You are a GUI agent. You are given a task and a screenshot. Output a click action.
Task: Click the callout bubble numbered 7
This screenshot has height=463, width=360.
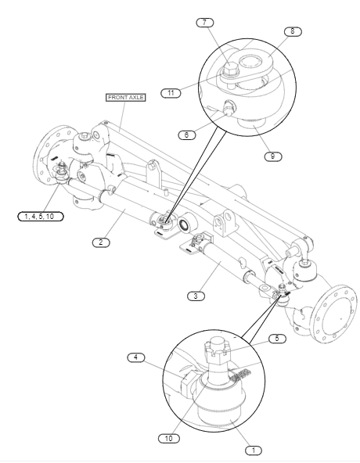point(205,23)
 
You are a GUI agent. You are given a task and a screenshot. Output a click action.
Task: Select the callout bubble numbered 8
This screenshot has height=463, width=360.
point(293,31)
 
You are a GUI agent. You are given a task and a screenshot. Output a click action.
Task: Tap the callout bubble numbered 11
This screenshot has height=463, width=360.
point(171,93)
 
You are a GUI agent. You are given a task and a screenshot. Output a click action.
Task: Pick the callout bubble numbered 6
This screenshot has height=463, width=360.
point(187,135)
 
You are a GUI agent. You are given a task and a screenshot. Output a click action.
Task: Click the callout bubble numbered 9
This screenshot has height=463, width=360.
point(273,156)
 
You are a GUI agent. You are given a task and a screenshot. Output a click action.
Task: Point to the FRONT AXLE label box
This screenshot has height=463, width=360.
point(126,98)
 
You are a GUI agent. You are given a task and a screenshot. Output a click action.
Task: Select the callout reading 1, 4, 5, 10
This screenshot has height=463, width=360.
point(41,217)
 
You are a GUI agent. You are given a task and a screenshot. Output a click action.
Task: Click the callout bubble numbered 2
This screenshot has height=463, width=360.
point(101,242)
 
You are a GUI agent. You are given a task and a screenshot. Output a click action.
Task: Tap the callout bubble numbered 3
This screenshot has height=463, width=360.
point(196,296)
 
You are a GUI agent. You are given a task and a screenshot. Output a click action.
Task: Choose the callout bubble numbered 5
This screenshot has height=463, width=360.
point(277,339)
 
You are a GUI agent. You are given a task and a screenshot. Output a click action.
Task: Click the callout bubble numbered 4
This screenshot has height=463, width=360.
point(136,357)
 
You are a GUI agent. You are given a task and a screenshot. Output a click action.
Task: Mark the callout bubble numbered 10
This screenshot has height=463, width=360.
point(169,439)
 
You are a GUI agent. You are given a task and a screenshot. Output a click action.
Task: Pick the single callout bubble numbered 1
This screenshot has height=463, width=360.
point(254,450)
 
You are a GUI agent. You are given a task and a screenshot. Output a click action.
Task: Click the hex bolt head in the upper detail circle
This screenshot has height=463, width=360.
point(231,69)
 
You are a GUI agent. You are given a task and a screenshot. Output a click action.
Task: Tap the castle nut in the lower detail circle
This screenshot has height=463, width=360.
point(218,351)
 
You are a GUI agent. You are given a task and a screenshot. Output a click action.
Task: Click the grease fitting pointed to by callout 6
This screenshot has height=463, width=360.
point(229,107)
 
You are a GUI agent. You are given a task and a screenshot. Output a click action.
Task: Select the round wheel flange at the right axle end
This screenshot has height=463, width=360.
point(336,314)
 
